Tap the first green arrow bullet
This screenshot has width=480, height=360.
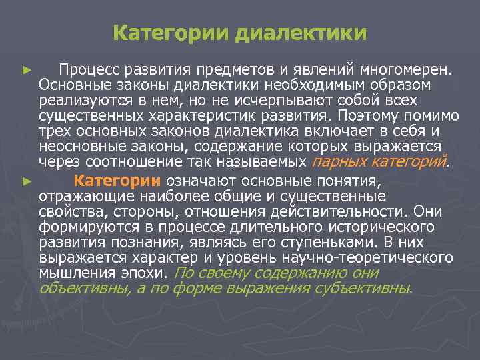pyautogui.click(x=26, y=69)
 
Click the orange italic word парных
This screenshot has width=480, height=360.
pyautogui.click(x=337, y=161)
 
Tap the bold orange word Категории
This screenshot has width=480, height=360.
pyautogui.click(x=117, y=181)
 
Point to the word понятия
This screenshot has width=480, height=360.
pyautogui.click(x=355, y=181)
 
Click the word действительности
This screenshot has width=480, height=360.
pyautogui.click(x=337, y=211)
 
